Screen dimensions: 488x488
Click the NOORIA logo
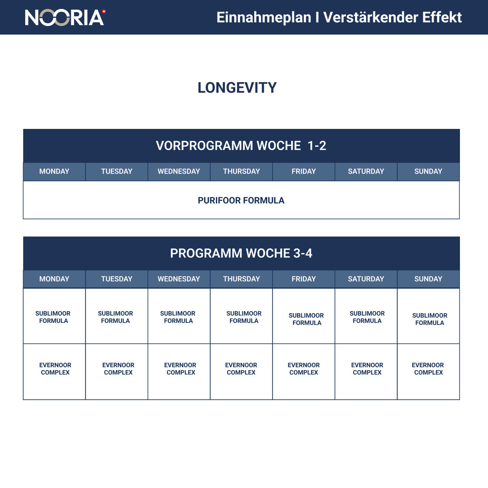click(x=65, y=17)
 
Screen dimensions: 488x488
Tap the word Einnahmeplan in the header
click(x=264, y=17)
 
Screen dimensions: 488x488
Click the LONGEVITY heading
click(x=237, y=88)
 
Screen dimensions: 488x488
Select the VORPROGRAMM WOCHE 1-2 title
click(x=241, y=146)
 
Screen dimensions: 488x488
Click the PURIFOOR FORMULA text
click(x=241, y=200)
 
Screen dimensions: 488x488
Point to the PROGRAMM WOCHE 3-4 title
click(x=241, y=253)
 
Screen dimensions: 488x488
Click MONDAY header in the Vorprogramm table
click(x=54, y=172)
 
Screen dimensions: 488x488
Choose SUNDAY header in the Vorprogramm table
click(x=428, y=172)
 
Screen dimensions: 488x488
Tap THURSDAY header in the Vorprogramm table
click(x=241, y=172)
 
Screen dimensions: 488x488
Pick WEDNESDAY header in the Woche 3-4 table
click(x=179, y=279)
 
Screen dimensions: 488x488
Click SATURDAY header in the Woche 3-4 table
click(x=366, y=279)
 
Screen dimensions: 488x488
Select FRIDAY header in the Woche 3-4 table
click(x=304, y=279)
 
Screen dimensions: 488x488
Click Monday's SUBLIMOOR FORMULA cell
click(x=53, y=317)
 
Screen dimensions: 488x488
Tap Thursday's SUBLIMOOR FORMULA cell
click(x=244, y=317)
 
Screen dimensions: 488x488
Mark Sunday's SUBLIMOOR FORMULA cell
click(x=429, y=319)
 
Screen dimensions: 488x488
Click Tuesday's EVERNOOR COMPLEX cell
click(x=118, y=369)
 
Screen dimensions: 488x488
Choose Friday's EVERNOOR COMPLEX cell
click(x=304, y=369)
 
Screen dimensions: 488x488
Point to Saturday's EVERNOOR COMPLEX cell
click(x=367, y=369)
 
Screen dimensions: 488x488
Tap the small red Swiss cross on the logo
click(x=104, y=12)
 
